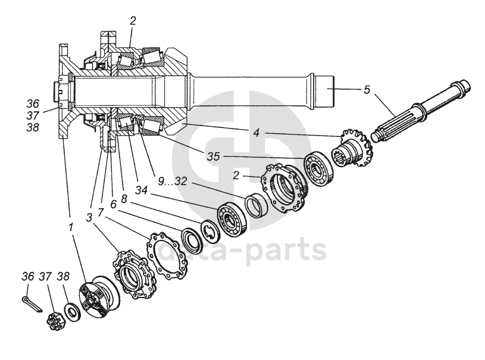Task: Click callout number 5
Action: [x=367, y=90]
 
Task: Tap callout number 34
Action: [x=141, y=190]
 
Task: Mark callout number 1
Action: [x=71, y=227]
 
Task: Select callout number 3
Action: [x=89, y=217]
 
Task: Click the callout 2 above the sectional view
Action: [x=133, y=20]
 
